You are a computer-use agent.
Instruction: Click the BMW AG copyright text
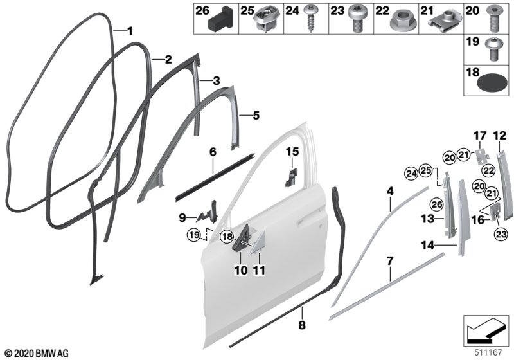point(35,353)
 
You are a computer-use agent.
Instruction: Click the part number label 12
point(499,135)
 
